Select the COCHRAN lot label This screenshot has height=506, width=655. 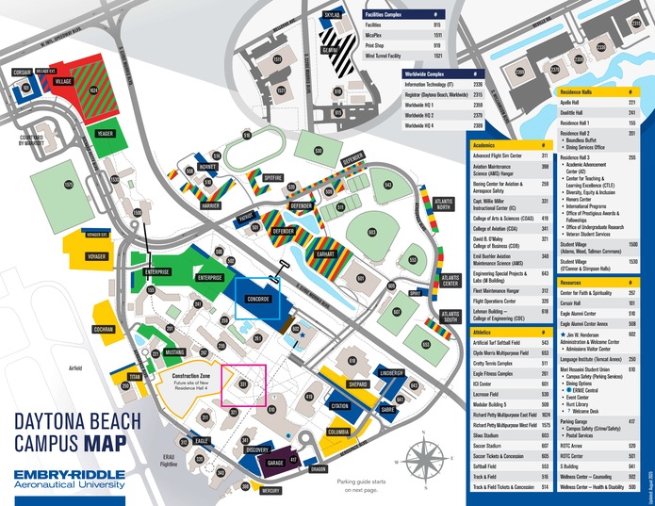point(105,332)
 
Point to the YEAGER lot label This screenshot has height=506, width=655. point(105,134)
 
